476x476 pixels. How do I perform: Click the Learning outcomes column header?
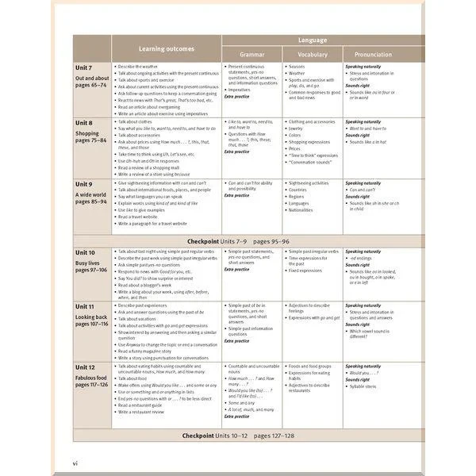tap(167, 48)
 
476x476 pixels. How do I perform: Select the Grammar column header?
tap(251, 54)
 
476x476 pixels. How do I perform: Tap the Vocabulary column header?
tap(313, 54)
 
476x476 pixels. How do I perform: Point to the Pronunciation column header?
tap(373, 54)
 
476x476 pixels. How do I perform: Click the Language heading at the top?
tap(313, 40)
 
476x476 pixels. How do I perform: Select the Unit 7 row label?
tap(84, 68)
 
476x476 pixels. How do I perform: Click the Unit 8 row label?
tap(84, 124)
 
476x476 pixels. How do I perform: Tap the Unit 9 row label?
tap(84, 185)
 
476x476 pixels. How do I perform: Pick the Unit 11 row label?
tap(86, 306)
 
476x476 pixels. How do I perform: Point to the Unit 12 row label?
tap(86, 368)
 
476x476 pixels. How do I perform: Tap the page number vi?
tap(75, 462)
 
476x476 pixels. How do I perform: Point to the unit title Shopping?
tap(88, 134)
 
